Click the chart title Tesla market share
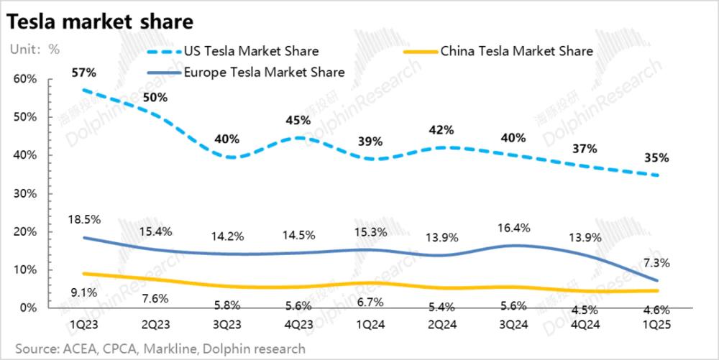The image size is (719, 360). click(99, 22)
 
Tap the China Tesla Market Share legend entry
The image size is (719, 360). click(516, 51)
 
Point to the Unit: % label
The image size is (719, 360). click(35, 50)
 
